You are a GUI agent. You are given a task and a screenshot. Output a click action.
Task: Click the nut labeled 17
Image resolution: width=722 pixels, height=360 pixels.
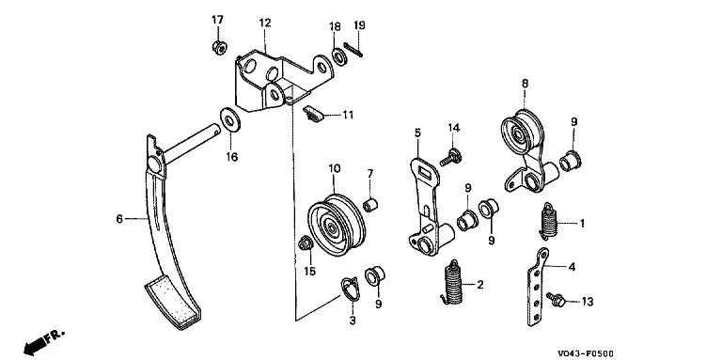218,47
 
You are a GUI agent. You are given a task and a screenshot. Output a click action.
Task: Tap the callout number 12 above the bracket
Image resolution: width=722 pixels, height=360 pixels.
265,23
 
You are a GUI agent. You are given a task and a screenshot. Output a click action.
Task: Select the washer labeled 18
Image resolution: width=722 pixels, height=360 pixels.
340,56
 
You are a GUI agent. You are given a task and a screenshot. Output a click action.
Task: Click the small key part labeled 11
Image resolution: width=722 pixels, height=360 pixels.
313,114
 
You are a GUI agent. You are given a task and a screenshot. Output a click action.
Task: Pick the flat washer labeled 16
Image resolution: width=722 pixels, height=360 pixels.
228,119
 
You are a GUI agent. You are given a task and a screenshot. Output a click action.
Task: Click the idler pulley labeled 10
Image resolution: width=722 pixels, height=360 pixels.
337,225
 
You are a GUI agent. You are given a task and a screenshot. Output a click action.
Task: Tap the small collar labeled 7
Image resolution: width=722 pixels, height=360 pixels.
370,204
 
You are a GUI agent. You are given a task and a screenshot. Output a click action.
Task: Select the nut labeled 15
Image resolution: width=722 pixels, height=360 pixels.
305,243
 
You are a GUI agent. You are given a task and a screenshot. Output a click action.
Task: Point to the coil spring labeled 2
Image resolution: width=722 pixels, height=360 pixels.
452,283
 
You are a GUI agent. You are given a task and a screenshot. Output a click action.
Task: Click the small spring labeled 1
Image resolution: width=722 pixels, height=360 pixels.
548,222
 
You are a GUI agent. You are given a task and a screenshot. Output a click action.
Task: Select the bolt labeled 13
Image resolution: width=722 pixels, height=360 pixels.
556,299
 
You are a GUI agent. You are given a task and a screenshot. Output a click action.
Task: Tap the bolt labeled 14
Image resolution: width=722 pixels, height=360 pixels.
450,157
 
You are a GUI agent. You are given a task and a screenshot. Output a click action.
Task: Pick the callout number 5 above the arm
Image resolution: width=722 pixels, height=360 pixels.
417,133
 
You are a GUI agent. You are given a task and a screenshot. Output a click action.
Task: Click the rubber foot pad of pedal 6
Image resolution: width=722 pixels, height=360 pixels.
173,302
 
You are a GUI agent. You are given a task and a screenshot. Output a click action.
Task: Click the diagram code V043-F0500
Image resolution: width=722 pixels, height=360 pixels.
586,353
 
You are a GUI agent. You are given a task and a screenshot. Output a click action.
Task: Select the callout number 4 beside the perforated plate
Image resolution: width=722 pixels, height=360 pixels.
571,266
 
